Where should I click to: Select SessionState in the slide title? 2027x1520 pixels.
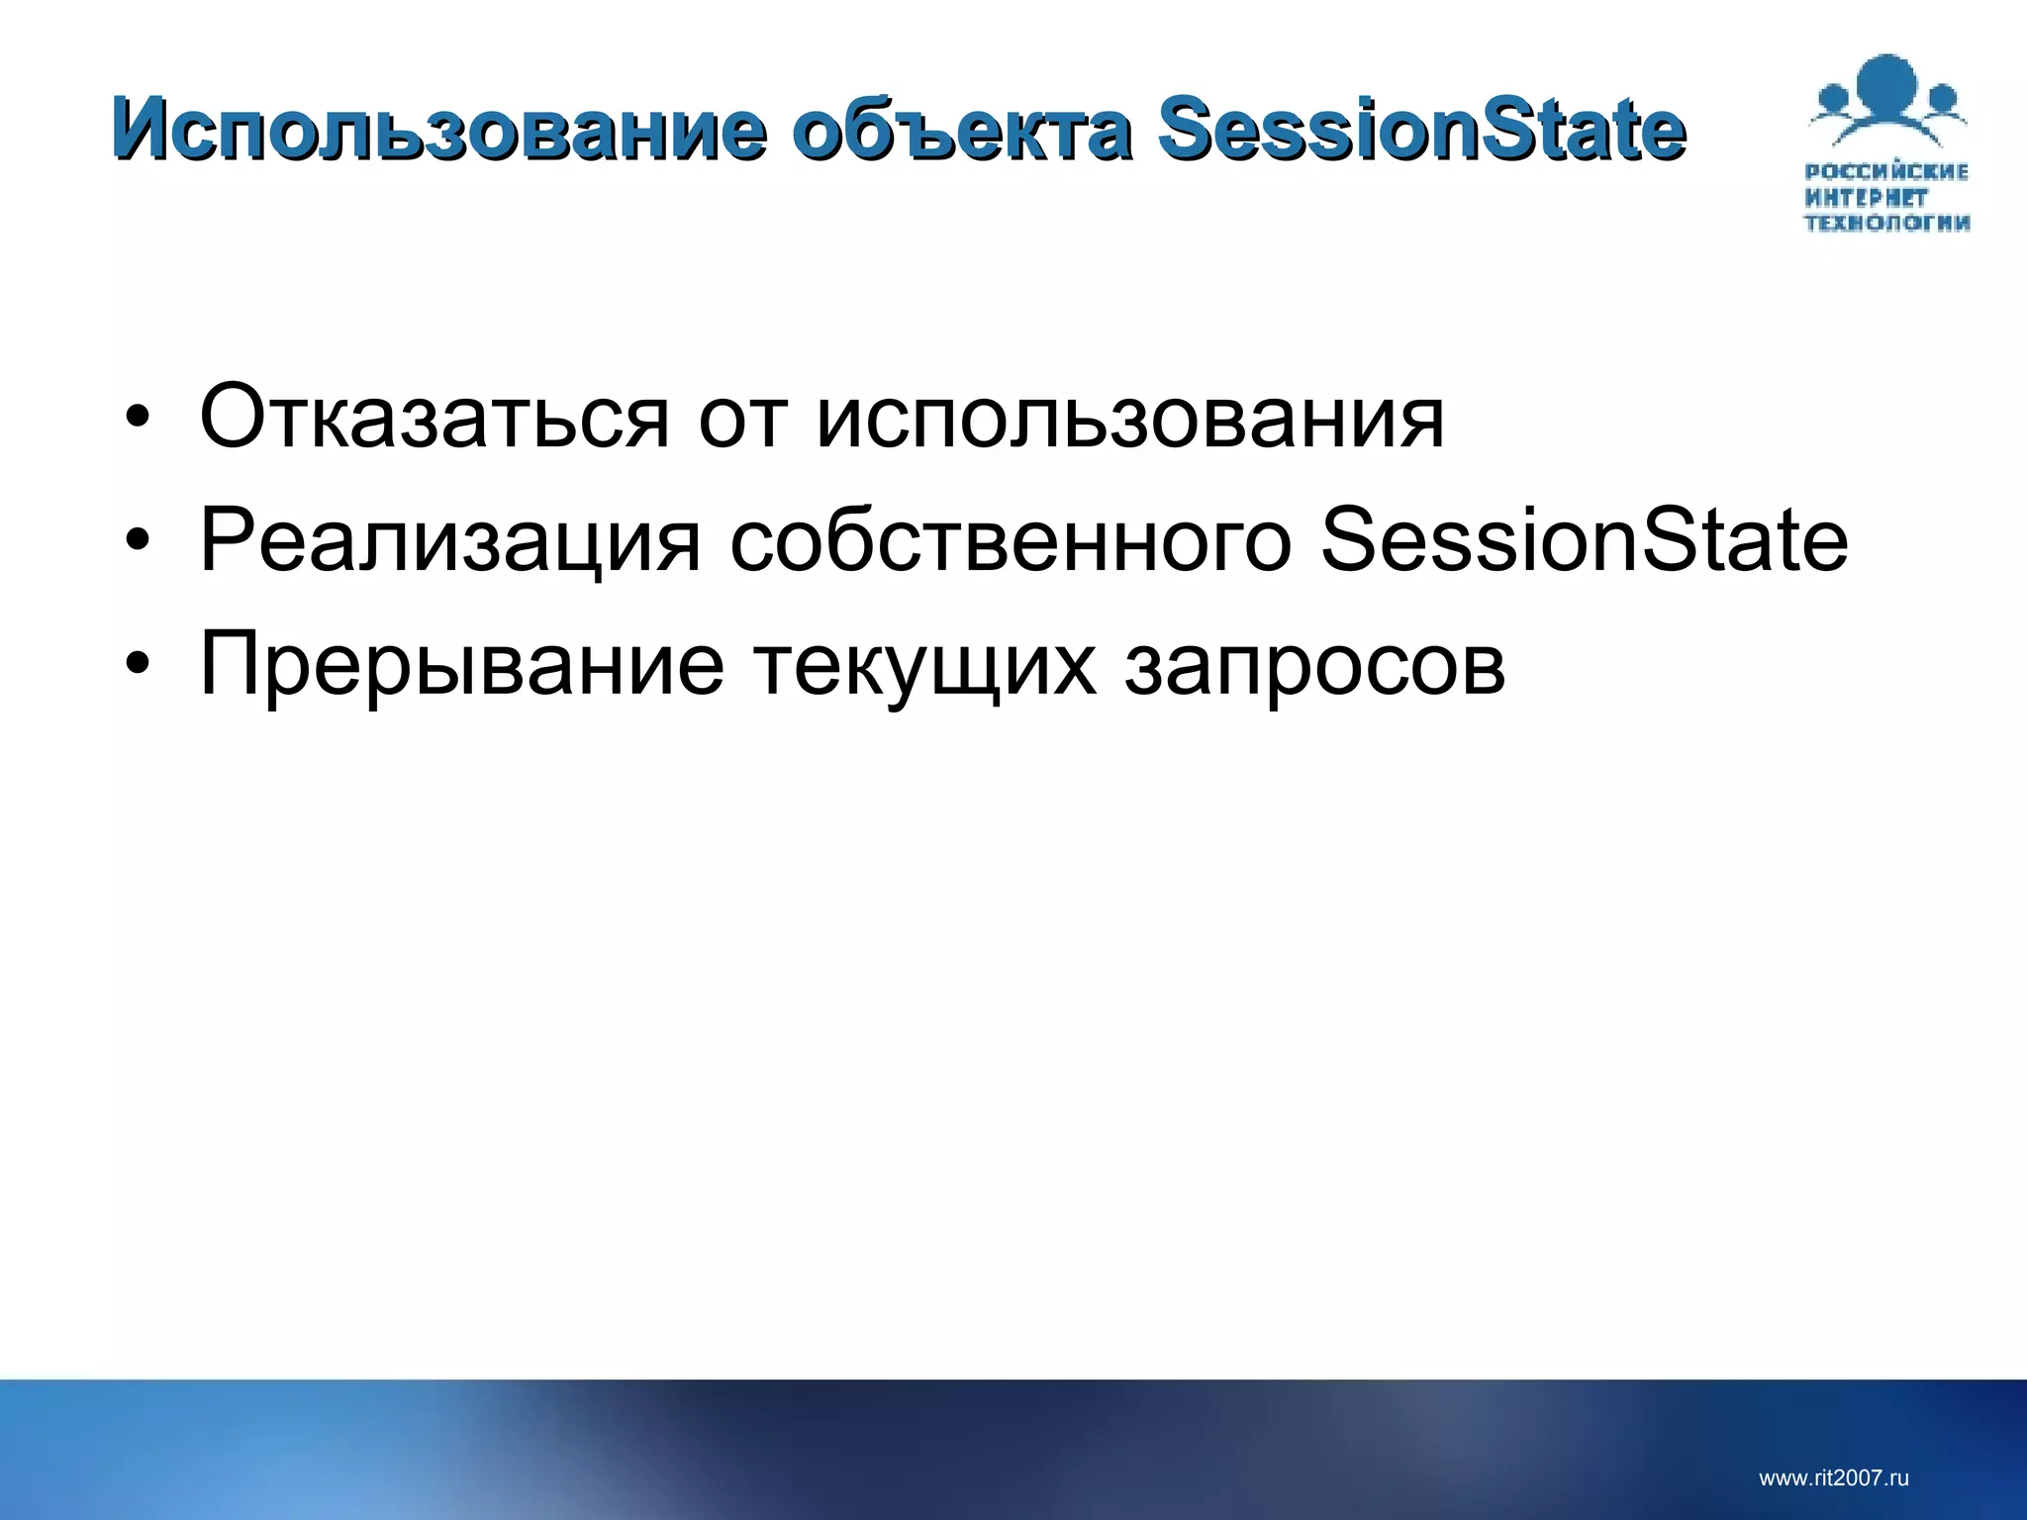pyautogui.click(x=1421, y=130)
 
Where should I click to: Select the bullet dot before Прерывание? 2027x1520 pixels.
pyautogui.click(x=138, y=664)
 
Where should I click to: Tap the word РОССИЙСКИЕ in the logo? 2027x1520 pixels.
pyautogui.click(x=1886, y=172)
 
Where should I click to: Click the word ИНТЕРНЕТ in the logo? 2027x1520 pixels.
pyautogui.click(x=1866, y=198)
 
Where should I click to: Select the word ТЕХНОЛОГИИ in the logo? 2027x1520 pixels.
pyautogui.click(x=1886, y=223)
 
